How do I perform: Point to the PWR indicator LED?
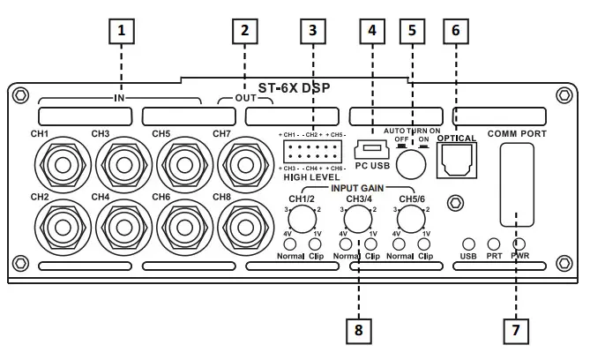click(x=521, y=244)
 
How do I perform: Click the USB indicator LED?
click(x=469, y=244)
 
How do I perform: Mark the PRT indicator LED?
click(x=494, y=244)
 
